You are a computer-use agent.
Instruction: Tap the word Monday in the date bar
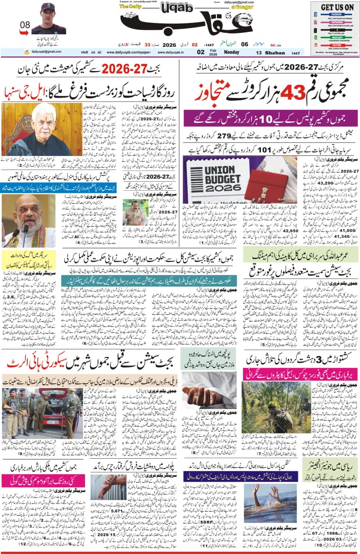pyautogui.click(x=229, y=52)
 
